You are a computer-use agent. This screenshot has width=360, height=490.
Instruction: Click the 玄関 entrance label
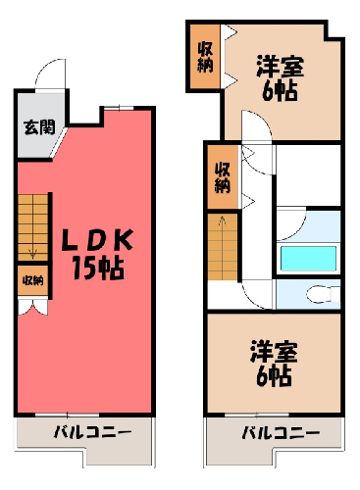39,127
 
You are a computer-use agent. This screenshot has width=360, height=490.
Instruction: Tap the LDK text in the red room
97,240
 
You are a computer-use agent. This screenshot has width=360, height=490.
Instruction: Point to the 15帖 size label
98,269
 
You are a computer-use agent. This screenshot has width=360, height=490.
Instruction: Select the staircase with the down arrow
32,227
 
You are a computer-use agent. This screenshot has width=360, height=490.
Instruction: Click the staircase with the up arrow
223,247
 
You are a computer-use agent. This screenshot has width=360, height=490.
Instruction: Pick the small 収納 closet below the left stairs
33,280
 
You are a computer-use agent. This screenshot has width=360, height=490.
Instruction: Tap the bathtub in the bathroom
308,259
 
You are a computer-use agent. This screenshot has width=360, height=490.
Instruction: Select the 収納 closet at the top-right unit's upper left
205,57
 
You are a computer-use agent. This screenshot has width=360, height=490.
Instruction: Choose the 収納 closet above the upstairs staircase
223,177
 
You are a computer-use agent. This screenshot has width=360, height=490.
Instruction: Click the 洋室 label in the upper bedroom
281,67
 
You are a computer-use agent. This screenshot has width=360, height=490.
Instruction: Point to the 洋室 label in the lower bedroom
274,352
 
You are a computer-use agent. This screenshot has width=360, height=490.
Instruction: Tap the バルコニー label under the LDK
92,432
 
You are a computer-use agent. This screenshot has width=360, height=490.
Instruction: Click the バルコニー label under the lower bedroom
281,433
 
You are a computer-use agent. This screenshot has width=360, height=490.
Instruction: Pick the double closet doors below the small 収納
32,307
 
